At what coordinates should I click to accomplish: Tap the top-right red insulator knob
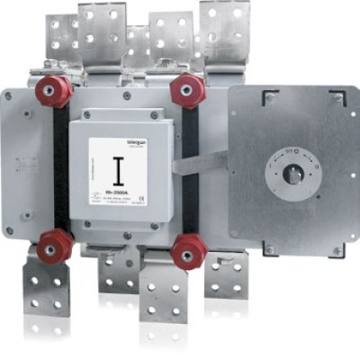188,89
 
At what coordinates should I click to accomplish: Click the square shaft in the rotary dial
292,175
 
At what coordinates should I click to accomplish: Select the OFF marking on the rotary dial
291,150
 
